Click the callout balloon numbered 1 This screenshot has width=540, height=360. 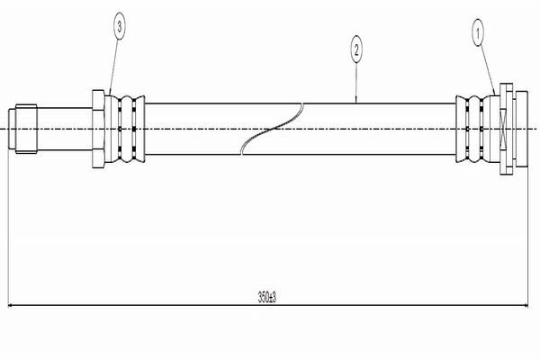coord(478,33)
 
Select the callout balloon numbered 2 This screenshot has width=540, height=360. coord(356,50)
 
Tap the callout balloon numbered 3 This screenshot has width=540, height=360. coord(119,26)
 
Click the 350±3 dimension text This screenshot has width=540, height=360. coord(267,297)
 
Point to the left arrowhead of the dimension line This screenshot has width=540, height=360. coord(10,305)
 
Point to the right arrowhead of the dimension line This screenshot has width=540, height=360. coord(526,305)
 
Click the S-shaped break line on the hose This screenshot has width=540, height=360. coord(272,129)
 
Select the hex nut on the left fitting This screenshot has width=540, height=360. coord(98,129)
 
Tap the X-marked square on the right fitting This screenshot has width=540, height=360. coord(503,129)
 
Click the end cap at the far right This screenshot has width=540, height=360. coord(522,129)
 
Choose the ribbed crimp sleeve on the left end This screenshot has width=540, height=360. coord(125,129)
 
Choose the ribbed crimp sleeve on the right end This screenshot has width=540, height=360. coord(477,129)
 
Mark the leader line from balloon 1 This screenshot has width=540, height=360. coord(487,71)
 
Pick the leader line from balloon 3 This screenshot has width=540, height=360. coord(113,67)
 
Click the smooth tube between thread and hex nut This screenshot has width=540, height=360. coord(65,129)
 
